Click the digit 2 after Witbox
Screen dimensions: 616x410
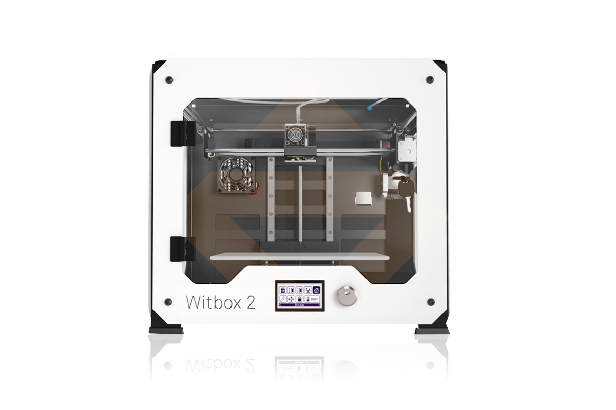(251, 302)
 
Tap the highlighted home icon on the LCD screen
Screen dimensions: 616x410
(316, 290)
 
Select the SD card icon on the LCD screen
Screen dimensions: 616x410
(282, 290)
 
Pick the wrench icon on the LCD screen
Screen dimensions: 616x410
(282, 299)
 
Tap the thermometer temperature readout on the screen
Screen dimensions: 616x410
(312, 299)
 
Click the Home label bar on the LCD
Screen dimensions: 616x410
(299, 305)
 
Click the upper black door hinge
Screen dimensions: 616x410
(183, 133)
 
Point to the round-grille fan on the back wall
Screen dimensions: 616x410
(236, 175)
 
